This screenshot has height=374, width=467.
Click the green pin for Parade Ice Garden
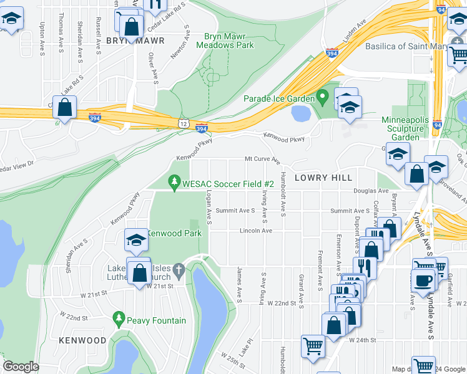pos(322,97)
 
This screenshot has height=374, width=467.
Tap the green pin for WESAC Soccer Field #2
pos(174,183)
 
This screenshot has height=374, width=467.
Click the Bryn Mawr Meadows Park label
pos(225,41)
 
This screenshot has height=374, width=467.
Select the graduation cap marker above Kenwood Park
pos(137,240)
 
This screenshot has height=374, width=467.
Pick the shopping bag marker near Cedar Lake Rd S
pos(65,107)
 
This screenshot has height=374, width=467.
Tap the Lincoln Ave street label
pos(256,231)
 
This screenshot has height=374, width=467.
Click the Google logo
pos(21,367)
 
